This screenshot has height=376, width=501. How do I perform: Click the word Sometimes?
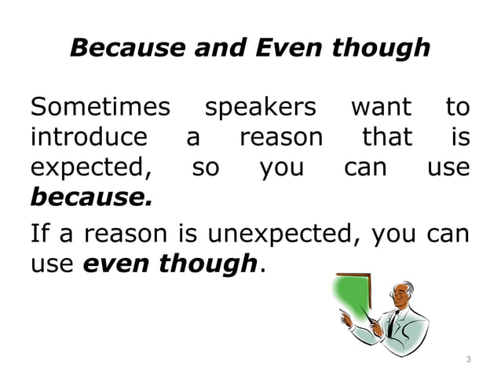(100, 106)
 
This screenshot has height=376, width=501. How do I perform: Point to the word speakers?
(260, 106)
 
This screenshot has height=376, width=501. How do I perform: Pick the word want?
(380, 106)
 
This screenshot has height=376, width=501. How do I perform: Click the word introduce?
(88, 138)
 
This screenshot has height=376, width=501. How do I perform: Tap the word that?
(386, 138)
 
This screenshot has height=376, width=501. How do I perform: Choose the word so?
(206, 168)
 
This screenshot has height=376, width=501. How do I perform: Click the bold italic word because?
(91, 197)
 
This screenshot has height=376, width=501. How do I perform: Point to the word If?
(39, 234)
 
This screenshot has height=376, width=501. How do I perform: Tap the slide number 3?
(468, 359)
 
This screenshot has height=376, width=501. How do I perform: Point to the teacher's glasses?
(393, 296)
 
